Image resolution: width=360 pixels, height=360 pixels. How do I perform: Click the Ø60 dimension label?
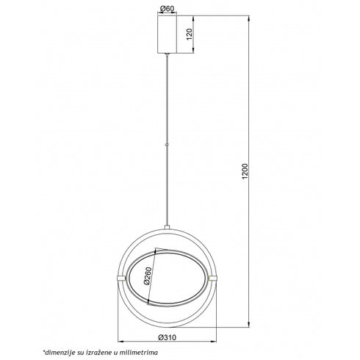167,9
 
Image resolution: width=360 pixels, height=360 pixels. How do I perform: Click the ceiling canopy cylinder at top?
168,35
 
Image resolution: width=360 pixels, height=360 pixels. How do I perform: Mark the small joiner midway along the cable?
168,145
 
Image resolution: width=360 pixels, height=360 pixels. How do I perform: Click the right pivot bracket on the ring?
213,278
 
